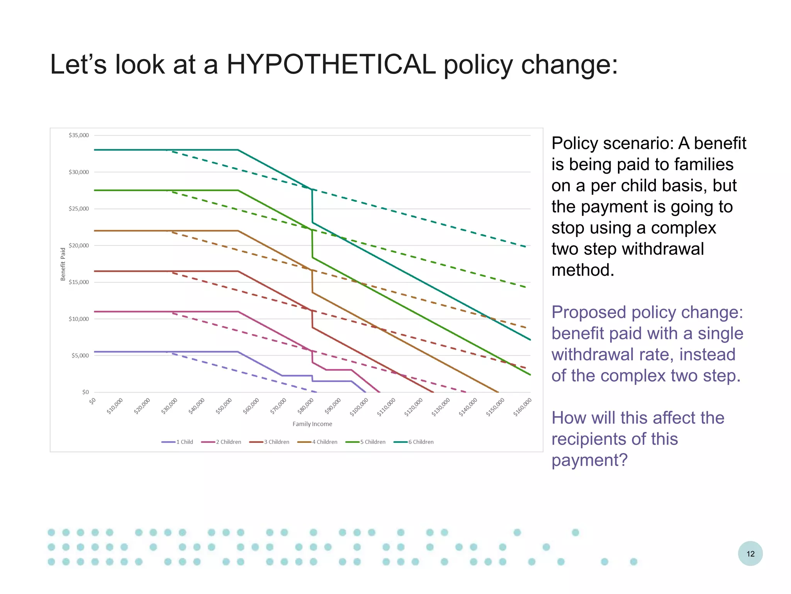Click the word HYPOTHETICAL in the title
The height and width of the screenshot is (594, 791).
[331, 64]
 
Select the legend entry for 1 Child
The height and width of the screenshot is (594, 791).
[177, 442]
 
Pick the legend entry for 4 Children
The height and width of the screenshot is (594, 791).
[317, 442]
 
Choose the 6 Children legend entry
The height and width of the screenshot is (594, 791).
[414, 442]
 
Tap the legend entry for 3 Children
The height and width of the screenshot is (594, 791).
[269, 442]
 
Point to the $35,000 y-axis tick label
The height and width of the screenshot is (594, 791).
[79, 135]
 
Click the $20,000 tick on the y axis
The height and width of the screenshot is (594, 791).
[79, 246]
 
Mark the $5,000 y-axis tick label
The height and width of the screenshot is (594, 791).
[80, 356]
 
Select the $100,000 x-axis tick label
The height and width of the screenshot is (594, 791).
[358, 407]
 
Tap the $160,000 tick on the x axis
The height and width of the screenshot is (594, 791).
[522, 407]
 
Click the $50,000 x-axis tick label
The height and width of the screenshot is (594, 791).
[224, 406]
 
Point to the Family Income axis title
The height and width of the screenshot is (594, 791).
[312, 424]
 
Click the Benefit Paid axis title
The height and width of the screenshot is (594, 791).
[63, 264]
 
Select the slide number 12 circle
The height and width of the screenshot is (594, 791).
[750, 554]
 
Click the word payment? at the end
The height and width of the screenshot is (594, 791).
[589, 460]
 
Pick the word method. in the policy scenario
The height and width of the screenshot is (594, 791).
[582, 270]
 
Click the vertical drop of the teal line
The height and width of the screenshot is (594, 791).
[312, 206]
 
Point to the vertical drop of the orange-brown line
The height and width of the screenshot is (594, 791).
[312, 281]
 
